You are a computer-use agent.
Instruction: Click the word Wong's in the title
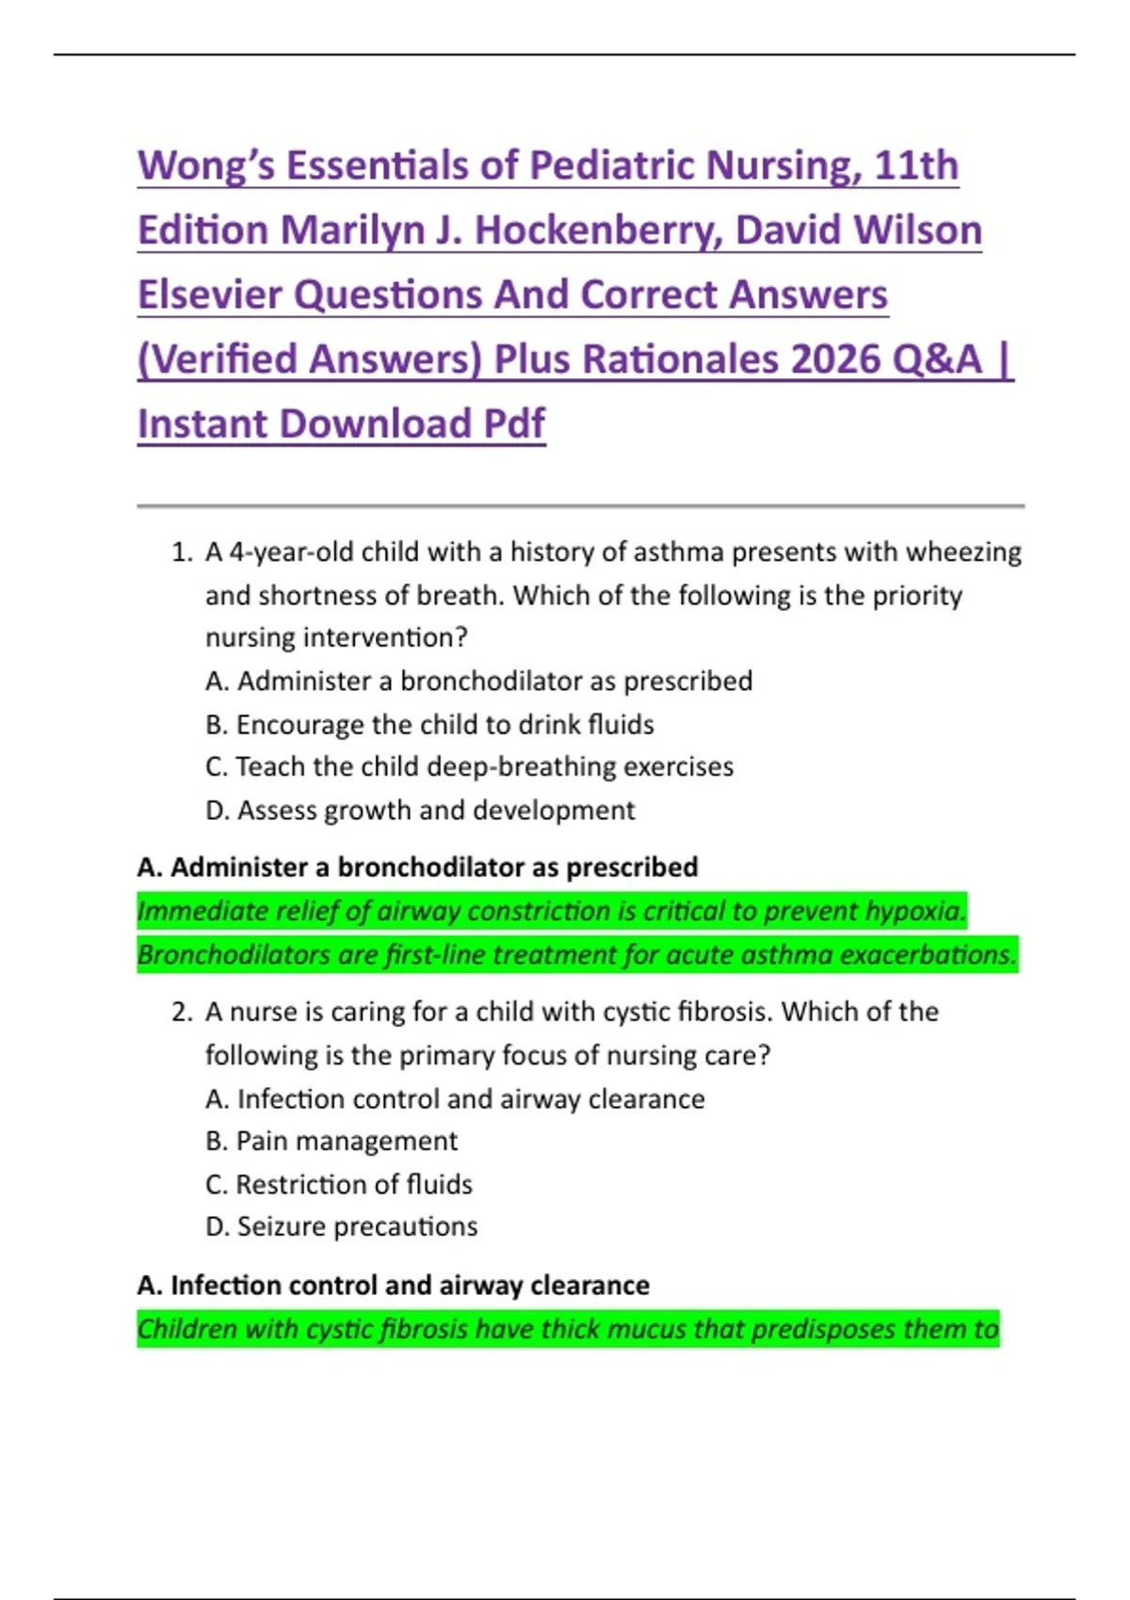(x=206, y=166)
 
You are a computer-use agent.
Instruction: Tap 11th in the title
(x=916, y=166)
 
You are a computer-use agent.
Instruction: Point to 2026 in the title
(x=834, y=360)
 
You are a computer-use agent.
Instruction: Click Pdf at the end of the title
(x=513, y=424)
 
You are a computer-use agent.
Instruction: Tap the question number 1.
(x=181, y=552)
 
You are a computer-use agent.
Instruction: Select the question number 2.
(x=181, y=1012)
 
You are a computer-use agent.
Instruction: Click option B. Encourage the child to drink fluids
(x=429, y=725)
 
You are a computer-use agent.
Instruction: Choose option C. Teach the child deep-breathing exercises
(x=469, y=767)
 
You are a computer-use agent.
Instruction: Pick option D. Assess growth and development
(x=420, y=810)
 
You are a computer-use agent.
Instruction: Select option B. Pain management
(x=331, y=1141)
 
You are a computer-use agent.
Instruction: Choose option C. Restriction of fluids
(x=339, y=1184)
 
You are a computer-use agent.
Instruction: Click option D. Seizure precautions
(x=342, y=1226)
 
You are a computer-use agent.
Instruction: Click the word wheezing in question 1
(x=963, y=552)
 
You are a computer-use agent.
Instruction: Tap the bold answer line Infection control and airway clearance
(x=394, y=1285)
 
